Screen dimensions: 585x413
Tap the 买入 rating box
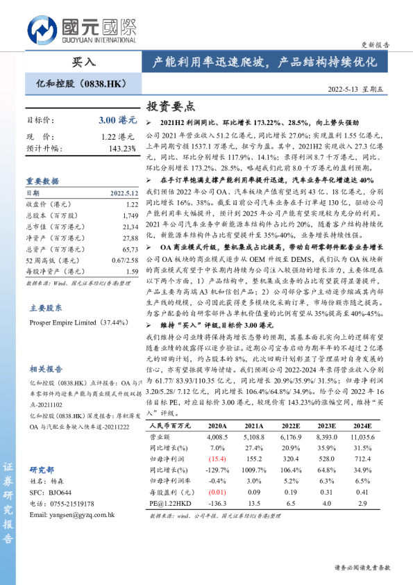pyautogui.click(x=83, y=62)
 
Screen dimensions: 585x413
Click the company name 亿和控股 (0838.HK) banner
pyautogui.click(x=81, y=84)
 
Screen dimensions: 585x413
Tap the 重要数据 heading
pyautogui.click(x=43, y=179)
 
